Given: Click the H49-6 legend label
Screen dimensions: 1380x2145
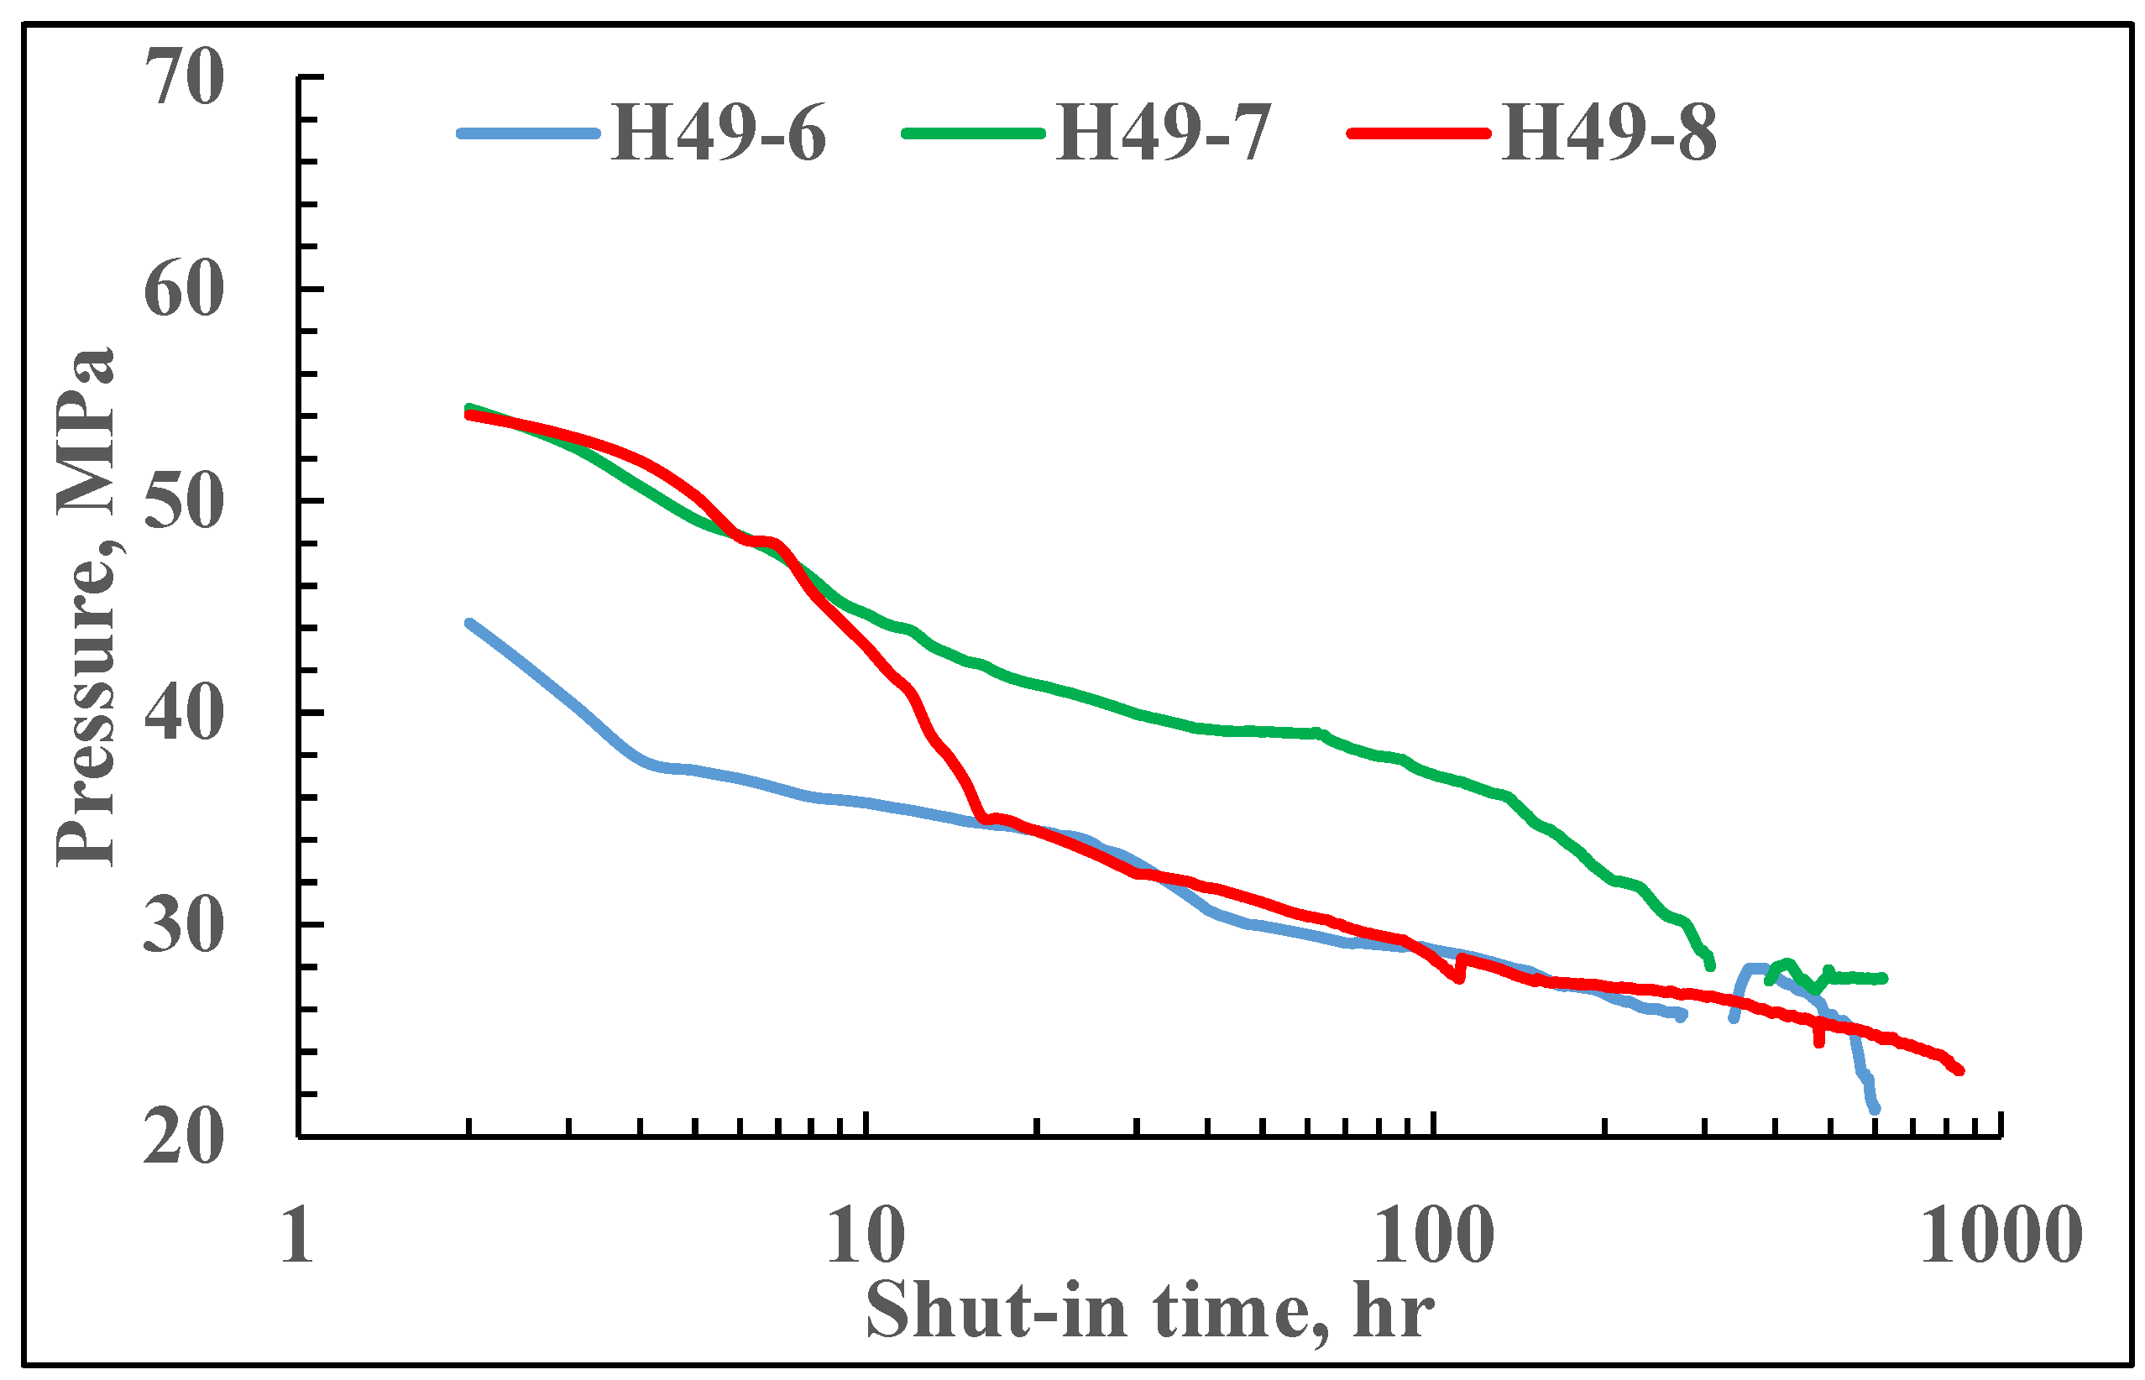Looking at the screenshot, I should (718, 134).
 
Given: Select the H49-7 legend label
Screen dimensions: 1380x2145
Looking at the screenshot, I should (1163, 134).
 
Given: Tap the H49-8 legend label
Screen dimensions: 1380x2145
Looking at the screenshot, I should (1609, 134).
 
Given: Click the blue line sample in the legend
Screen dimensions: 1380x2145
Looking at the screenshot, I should (529, 133).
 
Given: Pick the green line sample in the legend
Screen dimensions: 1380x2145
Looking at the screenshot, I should (973, 133).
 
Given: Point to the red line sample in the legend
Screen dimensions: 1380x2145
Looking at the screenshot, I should (1418, 133).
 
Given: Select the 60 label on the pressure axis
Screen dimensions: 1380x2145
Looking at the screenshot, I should (184, 290).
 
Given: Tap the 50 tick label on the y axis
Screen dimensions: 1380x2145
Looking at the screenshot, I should (184, 502).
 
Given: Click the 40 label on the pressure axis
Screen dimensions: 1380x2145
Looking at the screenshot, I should (184, 714).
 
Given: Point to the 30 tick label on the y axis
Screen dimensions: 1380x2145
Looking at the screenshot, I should (184, 926).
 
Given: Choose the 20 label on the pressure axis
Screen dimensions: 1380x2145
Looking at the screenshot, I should (184, 1138).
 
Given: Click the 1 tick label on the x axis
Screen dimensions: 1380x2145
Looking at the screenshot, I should (296, 1235).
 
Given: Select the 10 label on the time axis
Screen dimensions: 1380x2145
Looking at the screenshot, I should (866, 1235).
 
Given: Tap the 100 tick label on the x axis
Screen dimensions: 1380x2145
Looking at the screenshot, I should (1434, 1235).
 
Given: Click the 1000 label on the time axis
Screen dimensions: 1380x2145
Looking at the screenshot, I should (2000, 1235).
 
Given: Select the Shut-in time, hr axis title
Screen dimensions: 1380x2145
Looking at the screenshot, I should (1149, 1310).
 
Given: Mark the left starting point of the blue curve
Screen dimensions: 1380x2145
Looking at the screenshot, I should (469, 623).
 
